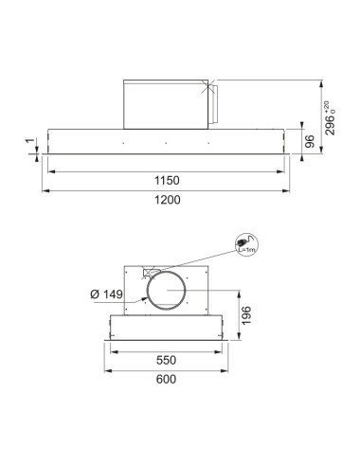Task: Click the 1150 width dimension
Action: (x=167, y=179)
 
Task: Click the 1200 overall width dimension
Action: (x=167, y=201)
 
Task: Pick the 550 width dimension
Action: (x=167, y=361)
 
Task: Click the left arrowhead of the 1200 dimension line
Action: (x=43, y=190)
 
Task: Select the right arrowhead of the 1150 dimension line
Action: (x=286, y=170)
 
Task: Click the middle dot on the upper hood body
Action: (x=167, y=144)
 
